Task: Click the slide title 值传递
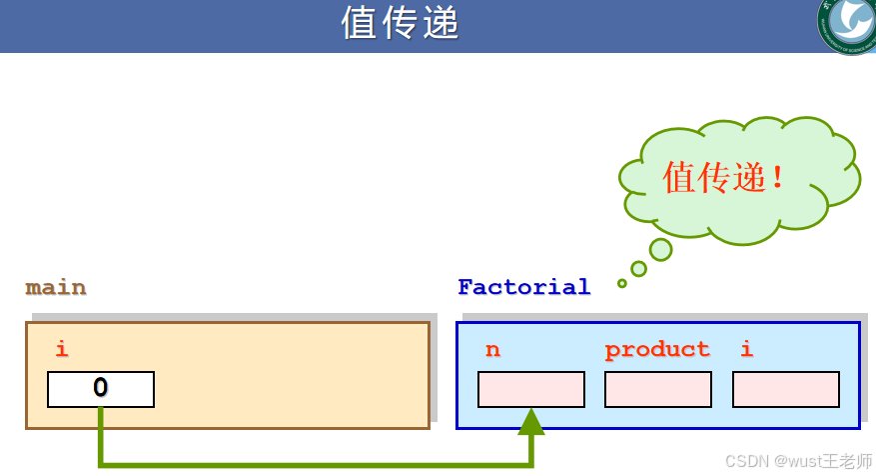(401, 23)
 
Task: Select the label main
(56, 288)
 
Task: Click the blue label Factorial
(523, 287)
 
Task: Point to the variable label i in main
(62, 349)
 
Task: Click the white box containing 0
(101, 389)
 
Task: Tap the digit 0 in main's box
(101, 388)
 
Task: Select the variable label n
(492, 349)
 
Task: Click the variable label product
(657, 349)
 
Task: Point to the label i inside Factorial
(746, 349)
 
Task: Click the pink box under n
(531, 389)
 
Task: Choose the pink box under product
(658, 389)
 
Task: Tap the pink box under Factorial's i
(786, 389)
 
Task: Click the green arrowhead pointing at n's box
(531, 421)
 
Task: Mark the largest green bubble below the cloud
(660, 249)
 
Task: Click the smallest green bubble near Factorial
(622, 283)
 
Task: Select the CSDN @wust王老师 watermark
(798, 461)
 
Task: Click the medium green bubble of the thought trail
(639, 268)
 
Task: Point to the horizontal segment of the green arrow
(315, 463)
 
